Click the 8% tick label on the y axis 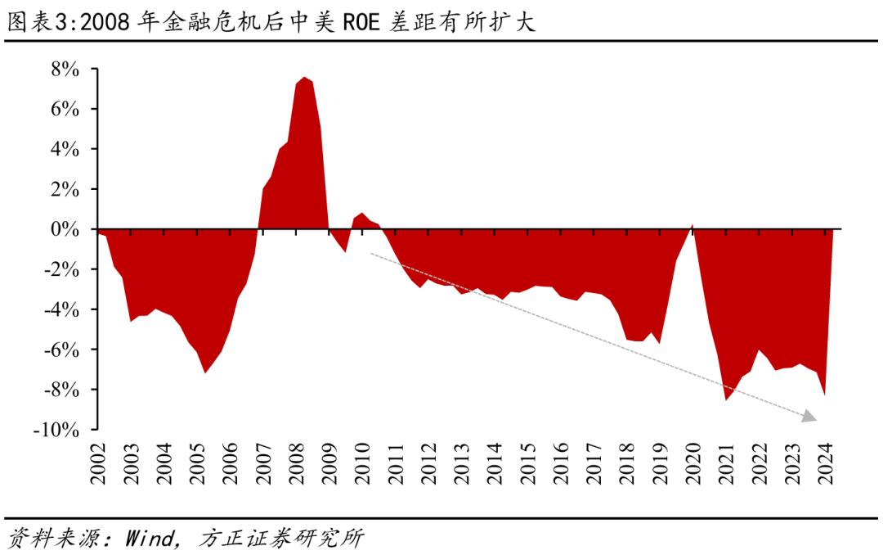pos(65,70)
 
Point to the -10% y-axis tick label pos(56,430)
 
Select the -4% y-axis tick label pos(61,310)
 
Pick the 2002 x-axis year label pos(99,464)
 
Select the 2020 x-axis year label pos(693,464)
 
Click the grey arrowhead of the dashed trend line pos(809,417)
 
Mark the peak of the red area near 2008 pos(304,78)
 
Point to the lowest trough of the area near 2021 pos(725,399)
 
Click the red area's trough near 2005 pos(205,372)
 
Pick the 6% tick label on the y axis pos(65,110)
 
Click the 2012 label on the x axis pos(429,464)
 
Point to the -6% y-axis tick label pos(61,350)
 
